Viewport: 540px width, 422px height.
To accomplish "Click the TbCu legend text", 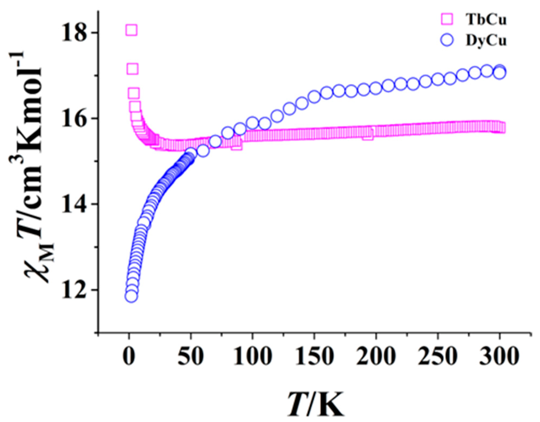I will [486, 19].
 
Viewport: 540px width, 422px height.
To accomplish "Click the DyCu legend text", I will [486, 41].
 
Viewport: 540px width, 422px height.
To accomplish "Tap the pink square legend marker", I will [447, 19].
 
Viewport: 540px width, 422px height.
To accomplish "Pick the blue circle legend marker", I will [447, 40].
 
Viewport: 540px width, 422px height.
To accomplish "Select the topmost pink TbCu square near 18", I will [131, 30].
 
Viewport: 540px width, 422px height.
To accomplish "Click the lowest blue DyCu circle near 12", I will [131, 296].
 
